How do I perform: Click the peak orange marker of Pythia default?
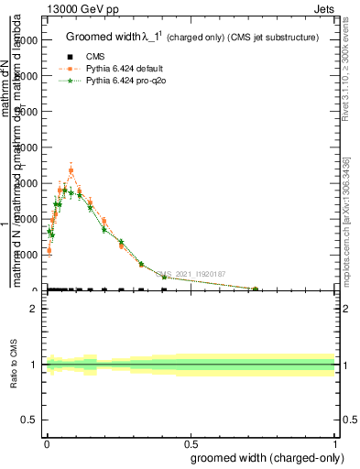click(x=71, y=170)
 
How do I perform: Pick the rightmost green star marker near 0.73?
click(x=256, y=289)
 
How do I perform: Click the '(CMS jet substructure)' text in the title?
click(x=275, y=38)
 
